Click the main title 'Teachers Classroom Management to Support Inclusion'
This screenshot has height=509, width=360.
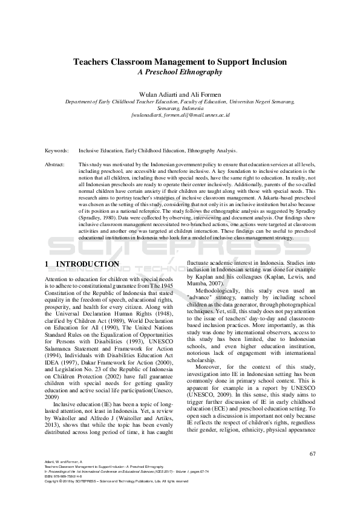pyautogui.click(x=180, y=62)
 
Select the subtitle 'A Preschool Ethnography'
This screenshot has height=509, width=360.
pyautogui.click(x=180, y=72)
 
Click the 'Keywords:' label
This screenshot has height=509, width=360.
pyautogui.click(x=56, y=151)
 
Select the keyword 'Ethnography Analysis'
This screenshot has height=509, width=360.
pyautogui.click(x=212, y=151)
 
